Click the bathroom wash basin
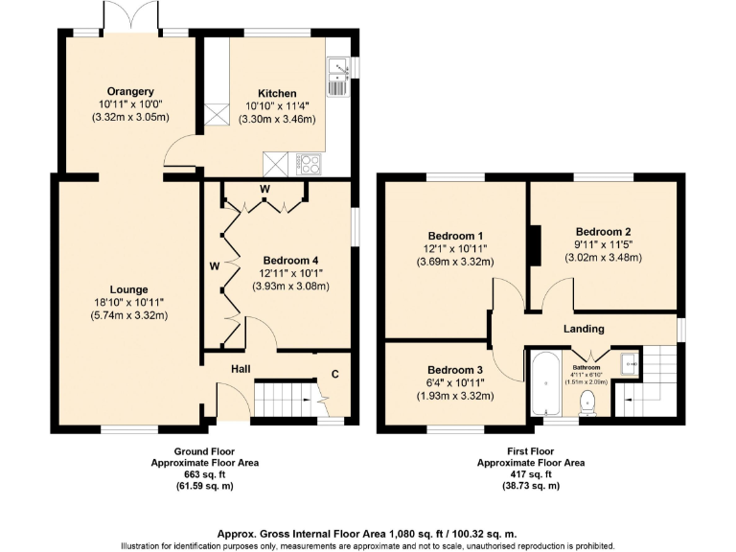pyautogui.click(x=628, y=363)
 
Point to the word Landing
pyautogui.click(x=583, y=329)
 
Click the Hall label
pyautogui.click(x=241, y=368)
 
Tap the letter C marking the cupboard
pyautogui.click(x=334, y=374)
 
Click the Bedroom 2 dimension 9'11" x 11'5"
pyautogui.click(x=603, y=244)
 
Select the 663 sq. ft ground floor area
pyautogui.click(x=204, y=474)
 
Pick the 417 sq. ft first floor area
pyautogui.click(x=531, y=474)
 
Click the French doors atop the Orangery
pyautogui.click(x=129, y=18)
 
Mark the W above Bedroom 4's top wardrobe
pyautogui.click(x=264, y=188)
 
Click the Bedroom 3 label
pyautogui.click(x=454, y=370)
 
